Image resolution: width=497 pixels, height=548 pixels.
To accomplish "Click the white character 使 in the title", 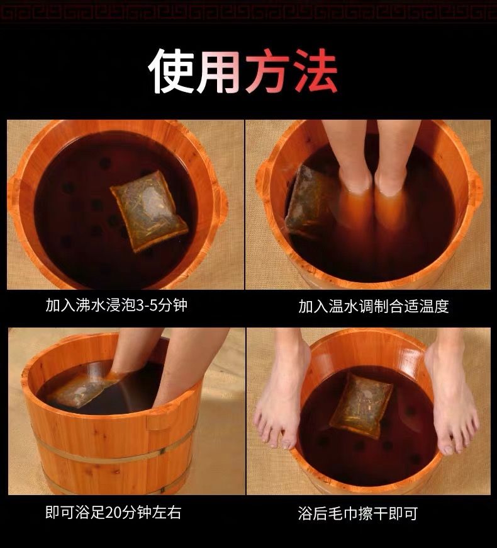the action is pyautogui.click(x=171, y=71).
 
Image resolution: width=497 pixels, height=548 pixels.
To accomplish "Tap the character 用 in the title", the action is pyautogui.click(x=218, y=71).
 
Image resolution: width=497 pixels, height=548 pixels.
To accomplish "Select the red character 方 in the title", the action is pyautogui.click(x=267, y=71).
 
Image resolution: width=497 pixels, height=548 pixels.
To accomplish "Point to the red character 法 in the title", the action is pyautogui.click(x=315, y=71).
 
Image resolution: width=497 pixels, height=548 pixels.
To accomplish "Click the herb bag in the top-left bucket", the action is pyautogui.click(x=149, y=211).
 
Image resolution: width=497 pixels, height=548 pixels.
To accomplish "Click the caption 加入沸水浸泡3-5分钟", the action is pyautogui.click(x=116, y=305).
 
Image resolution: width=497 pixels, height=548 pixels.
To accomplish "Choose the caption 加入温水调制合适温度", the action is pyautogui.click(x=374, y=306).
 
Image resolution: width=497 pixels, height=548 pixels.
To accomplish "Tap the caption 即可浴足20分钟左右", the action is pyautogui.click(x=113, y=513).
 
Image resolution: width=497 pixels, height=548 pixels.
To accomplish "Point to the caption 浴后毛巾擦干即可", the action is pyautogui.click(x=358, y=513).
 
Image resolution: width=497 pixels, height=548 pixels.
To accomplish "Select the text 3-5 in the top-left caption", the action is pyautogui.click(x=145, y=305).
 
